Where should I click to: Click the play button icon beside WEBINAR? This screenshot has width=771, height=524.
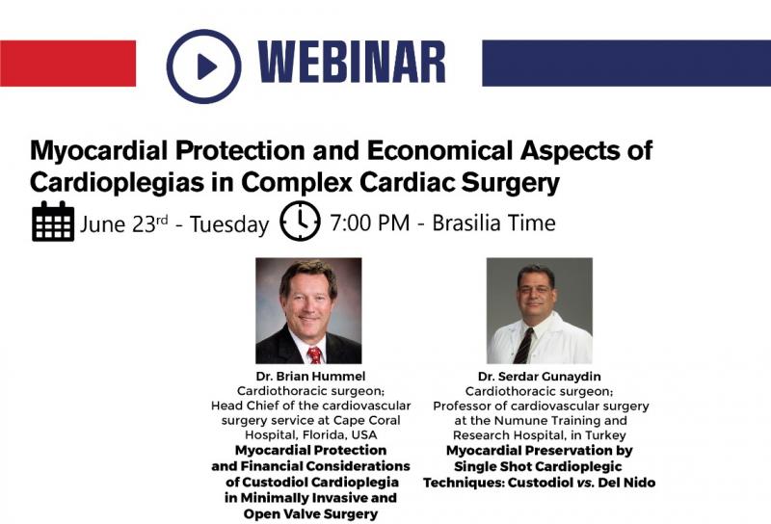coord(203,66)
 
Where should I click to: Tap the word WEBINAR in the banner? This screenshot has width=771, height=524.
coord(351,62)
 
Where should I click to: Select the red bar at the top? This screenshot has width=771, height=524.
coord(67,64)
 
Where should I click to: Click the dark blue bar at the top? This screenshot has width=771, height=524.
coord(626,64)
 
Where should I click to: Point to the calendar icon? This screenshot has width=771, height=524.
coord(53,222)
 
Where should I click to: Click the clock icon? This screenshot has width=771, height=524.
coord(300,221)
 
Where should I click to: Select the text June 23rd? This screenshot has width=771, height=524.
coord(124,224)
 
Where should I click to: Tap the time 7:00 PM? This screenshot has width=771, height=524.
coord(370,223)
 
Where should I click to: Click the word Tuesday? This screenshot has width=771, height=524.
coord(229,225)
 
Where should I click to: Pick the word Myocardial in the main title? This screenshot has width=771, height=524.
coord(99,151)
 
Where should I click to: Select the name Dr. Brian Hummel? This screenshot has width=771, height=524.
coord(310,377)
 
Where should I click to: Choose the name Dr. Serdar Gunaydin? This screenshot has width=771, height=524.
coord(540,377)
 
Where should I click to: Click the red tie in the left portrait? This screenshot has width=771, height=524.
coord(314,354)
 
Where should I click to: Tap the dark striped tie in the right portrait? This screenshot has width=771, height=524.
coord(523,345)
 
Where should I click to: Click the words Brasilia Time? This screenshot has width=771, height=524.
coord(493,223)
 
